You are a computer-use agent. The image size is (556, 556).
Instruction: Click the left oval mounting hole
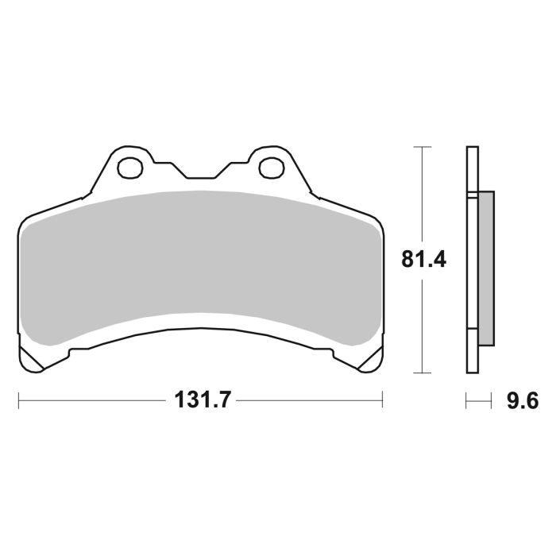pos(128,168)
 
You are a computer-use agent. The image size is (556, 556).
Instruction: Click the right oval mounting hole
pos(271,168)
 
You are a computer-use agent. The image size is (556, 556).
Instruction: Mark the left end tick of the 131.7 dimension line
pos(18,400)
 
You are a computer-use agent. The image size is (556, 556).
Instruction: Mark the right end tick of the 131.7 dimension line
pos(383,400)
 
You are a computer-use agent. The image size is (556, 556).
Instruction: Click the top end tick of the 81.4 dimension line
pos(422,147)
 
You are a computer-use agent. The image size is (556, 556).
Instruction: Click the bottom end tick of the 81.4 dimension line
pos(422,373)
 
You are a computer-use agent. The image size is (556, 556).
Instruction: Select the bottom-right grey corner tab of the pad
pos(367,360)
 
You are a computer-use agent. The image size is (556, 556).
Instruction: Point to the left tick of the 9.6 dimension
pos(466,401)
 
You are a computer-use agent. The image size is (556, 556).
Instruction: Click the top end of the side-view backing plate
pos(472,149)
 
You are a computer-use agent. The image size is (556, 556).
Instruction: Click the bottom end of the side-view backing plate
pos(472,370)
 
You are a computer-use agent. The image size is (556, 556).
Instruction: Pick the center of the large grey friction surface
pos(200,262)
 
